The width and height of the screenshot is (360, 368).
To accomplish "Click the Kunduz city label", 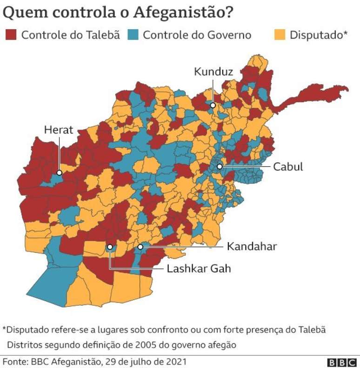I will point(213,72).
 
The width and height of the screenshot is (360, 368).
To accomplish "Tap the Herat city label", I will point(59,130).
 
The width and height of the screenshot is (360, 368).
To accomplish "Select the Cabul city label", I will point(288,166).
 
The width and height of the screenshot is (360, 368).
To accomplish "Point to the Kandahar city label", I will point(252,246).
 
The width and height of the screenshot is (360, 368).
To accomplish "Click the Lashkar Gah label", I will point(199,269).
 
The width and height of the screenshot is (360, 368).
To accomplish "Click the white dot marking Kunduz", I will point(213,105).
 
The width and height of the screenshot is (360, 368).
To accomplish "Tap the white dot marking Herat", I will point(59,172).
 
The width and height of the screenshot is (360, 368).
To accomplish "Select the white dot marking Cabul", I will point(219,166).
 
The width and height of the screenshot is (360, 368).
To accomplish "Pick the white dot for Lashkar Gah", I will point(110,248).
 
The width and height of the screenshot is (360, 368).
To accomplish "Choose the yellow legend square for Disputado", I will point(279,35).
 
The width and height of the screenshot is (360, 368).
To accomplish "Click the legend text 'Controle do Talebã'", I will point(71,35).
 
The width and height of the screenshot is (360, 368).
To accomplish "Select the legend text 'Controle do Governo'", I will point(197,35).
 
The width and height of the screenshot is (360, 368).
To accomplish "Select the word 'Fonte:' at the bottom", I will point(14,361).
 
